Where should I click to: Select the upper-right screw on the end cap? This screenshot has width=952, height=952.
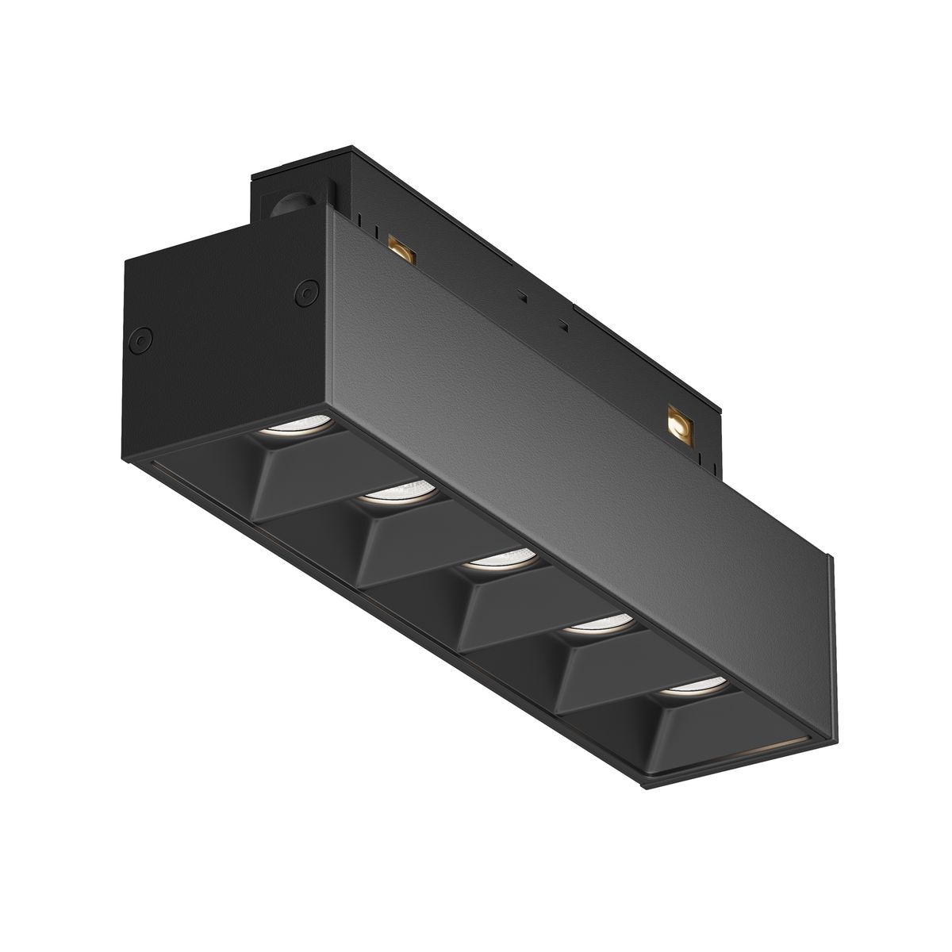pyautogui.click(x=302, y=293)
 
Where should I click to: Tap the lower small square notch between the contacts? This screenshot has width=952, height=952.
pyautogui.click(x=562, y=324)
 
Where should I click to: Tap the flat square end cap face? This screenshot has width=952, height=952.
pyautogui.click(x=214, y=333)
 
